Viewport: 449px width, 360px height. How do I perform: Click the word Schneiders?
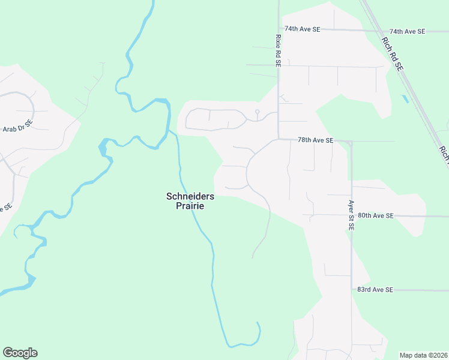click(x=190, y=196)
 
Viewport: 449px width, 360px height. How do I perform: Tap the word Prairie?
click(x=190, y=206)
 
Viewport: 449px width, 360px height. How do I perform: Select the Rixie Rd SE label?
click(x=278, y=50)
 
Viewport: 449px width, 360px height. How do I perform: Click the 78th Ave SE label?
click(x=315, y=140)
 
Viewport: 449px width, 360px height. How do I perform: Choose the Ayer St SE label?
click(x=352, y=215)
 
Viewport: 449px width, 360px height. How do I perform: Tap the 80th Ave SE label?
click(x=375, y=215)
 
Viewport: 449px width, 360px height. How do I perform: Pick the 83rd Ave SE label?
click(x=375, y=290)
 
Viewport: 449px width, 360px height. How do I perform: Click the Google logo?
click(x=20, y=353)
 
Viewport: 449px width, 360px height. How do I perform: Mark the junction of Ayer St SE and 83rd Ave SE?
click(x=352, y=290)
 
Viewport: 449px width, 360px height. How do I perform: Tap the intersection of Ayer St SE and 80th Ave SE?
click(x=352, y=215)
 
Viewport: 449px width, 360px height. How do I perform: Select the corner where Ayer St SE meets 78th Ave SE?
click(x=351, y=142)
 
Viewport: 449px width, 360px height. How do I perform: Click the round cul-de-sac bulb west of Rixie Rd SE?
click(x=257, y=112)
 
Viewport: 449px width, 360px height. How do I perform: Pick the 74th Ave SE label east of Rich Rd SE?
click(x=407, y=31)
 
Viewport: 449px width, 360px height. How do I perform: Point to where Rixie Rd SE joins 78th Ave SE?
click(x=279, y=139)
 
